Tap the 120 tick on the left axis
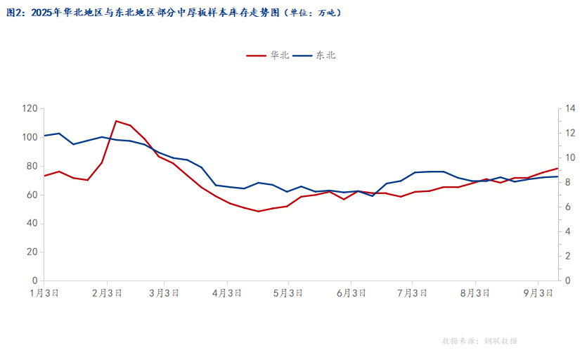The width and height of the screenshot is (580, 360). pyautogui.click(x=30, y=109)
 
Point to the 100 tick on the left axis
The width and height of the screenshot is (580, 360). pyautogui.click(x=30, y=138)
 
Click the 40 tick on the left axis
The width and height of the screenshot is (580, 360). pyautogui.click(x=32, y=224)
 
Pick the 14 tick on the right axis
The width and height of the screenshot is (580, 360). pyautogui.click(x=570, y=109)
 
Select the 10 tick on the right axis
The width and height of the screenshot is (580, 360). pyautogui.click(x=570, y=158)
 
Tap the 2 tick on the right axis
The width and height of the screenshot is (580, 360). pyautogui.click(x=568, y=257)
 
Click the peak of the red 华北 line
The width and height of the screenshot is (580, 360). pyautogui.click(x=116, y=121)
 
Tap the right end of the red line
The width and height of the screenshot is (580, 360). pyautogui.click(x=558, y=168)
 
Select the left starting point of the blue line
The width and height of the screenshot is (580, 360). pyautogui.click(x=44, y=136)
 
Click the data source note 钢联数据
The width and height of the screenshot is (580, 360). pyautogui.click(x=501, y=341)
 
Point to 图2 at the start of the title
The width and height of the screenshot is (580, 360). pyautogui.click(x=15, y=12)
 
